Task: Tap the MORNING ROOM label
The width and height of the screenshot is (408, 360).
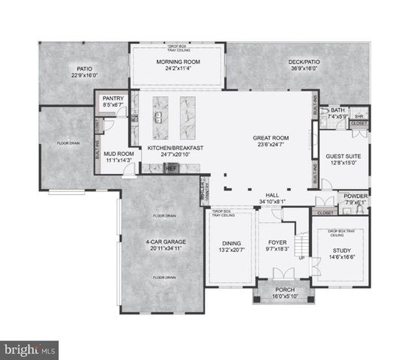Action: tap(177, 62)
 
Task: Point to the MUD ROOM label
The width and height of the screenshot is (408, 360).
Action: tap(118, 153)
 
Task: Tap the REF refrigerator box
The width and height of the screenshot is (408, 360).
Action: tap(171, 169)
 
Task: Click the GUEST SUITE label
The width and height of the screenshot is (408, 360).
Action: tap(343, 156)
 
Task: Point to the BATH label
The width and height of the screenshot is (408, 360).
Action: tap(337, 110)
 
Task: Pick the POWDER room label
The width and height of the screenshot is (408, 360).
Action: tap(356, 196)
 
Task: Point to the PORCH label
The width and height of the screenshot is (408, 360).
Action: tap(274, 289)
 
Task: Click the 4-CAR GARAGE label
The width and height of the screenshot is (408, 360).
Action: tap(165, 242)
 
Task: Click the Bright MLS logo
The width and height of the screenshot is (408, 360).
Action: tap(30, 349)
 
